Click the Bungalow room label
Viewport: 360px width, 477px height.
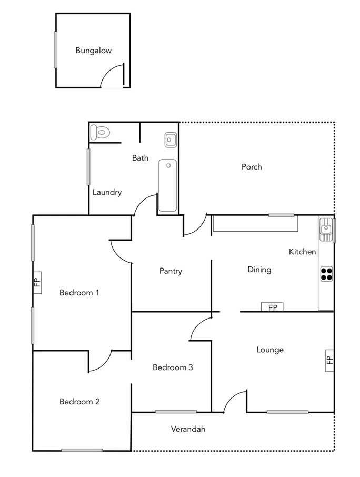click(x=93, y=51)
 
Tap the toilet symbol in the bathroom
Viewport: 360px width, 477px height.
click(x=99, y=132)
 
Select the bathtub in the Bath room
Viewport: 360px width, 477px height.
click(x=167, y=185)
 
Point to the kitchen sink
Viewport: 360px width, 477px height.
click(x=326, y=229)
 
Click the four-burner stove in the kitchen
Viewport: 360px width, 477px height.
click(x=326, y=273)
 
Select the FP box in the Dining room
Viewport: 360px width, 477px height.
click(x=273, y=307)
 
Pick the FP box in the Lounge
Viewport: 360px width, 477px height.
click(x=329, y=361)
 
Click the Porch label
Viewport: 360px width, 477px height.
click(x=252, y=167)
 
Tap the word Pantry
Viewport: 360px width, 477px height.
click(x=171, y=271)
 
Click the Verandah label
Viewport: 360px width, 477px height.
click(x=188, y=429)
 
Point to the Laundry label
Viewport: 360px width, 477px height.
click(x=107, y=192)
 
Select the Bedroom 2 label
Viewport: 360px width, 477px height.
click(x=79, y=402)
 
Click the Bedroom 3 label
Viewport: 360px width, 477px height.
click(x=173, y=367)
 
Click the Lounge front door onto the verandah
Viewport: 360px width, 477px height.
click(x=235, y=401)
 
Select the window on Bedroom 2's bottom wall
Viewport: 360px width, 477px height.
click(x=82, y=450)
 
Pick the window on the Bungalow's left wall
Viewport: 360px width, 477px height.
click(x=55, y=49)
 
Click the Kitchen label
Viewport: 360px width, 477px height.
click(x=303, y=252)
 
